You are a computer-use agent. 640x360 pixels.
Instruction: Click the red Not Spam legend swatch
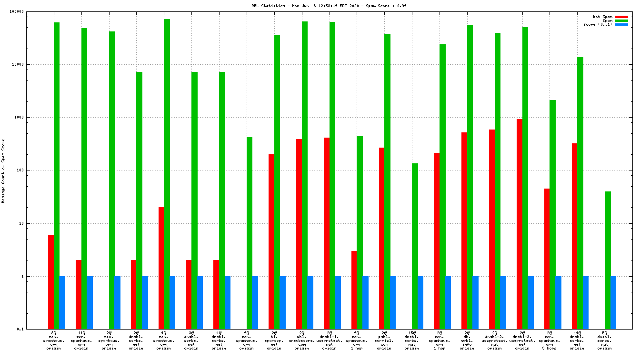(621, 17)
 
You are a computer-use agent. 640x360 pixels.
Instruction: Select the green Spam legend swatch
(621, 20)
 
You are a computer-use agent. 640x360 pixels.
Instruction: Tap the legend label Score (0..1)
(598, 24)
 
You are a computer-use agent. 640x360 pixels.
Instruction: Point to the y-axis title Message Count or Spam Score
(3, 171)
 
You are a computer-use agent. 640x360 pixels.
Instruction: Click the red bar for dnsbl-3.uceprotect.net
(520, 224)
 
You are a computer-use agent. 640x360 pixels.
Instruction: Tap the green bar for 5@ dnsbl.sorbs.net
(608, 260)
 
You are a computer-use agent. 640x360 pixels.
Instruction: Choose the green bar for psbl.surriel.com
(388, 181)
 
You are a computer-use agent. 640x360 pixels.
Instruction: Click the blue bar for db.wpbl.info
(475, 302)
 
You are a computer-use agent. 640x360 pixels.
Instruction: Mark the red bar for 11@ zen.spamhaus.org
(79, 294)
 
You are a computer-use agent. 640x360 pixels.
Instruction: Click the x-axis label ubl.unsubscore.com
(301, 340)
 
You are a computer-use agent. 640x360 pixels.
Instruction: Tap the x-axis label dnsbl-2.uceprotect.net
(495, 340)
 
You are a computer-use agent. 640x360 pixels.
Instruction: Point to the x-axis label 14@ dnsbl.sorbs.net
(577, 340)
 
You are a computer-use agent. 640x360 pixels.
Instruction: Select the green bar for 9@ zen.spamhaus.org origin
(250, 233)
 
